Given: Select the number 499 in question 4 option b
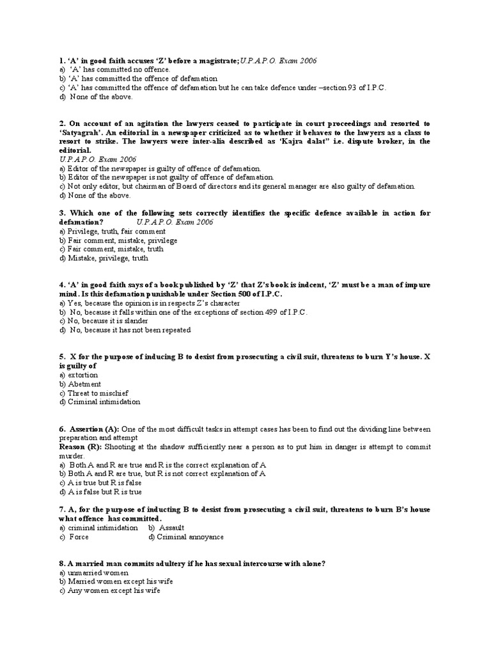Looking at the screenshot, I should tap(263, 312).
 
